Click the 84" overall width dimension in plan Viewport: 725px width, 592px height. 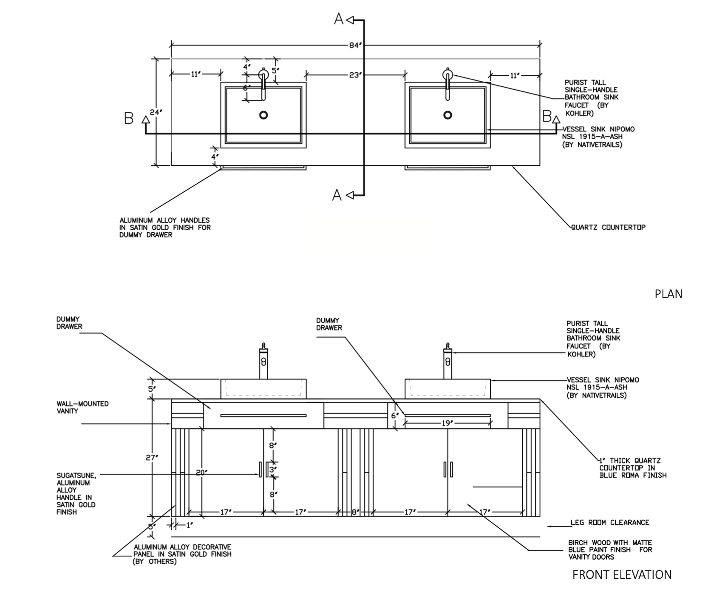pyautogui.click(x=355, y=46)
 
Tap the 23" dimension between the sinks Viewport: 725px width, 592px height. pyautogui.click(x=355, y=75)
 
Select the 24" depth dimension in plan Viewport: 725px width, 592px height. pyautogui.click(x=156, y=113)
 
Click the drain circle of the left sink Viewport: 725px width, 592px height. pyautogui.click(x=263, y=115)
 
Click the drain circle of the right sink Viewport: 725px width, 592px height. pyautogui.click(x=447, y=115)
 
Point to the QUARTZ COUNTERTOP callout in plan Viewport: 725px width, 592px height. pyautogui.click(x=608, y=227)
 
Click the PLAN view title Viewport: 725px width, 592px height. pyautogui.click(x=668, y=294)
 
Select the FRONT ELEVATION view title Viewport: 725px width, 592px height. pyautogui.click(x=622, y=575)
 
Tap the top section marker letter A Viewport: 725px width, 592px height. pyautogui.click(x=339, y=19)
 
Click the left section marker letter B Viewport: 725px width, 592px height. pyautogui.click(x=129, y=118)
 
